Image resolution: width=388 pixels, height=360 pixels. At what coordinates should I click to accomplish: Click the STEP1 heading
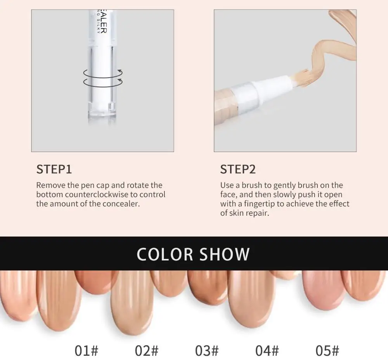pos(54,170)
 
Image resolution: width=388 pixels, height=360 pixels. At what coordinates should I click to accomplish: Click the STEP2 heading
pos(238,170)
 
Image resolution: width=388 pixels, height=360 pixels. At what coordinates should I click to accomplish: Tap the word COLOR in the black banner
pos(165,254)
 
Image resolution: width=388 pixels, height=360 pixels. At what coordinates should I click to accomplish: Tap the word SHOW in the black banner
pos(225,254)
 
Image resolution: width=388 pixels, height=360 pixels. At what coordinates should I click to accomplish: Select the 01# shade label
pos(86,350)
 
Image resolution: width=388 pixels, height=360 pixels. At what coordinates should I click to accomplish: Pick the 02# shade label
pos(147,350)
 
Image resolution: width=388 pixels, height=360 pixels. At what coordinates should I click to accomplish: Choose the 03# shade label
pos(207,350)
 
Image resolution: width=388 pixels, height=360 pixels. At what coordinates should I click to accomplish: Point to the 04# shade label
pos(267,350)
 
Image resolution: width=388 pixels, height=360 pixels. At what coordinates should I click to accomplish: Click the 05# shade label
pos(327,350)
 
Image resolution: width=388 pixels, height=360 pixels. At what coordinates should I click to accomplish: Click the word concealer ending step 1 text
pos(120,204)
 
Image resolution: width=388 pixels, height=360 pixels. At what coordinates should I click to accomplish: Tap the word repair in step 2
pos(257,213)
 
